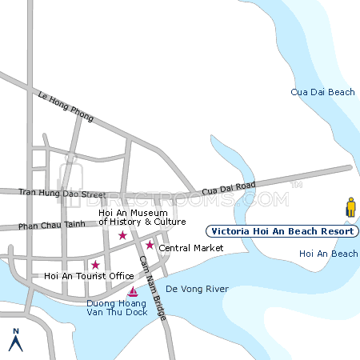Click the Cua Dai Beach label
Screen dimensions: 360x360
click(x=322, y=93)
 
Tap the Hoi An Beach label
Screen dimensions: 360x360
click(x=328, y=254)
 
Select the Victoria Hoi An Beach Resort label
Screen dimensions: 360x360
click(x=282, y=231)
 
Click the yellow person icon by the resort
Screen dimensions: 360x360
click(x=350, y=207)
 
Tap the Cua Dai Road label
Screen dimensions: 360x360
click(x=229, y=188)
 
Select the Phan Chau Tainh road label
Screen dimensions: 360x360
click(x=51, y=226)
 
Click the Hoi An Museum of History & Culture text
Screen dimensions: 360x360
click(x=142, y=217)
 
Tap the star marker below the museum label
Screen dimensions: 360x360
click(x=122, y=235)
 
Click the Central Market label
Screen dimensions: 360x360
click(x=191, y=248)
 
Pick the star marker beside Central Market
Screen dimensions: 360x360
click(x=150, y=245)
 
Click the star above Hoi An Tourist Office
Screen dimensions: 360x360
click(x=95, y=265)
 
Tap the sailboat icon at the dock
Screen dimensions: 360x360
click(x=133, y=290)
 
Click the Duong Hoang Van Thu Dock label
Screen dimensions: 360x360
click(x=117, y=307)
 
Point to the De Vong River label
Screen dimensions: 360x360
click(x=197, y=289)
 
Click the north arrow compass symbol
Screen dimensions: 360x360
click(x=14, y=343)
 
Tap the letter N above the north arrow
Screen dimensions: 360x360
click(x=14, y=330)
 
